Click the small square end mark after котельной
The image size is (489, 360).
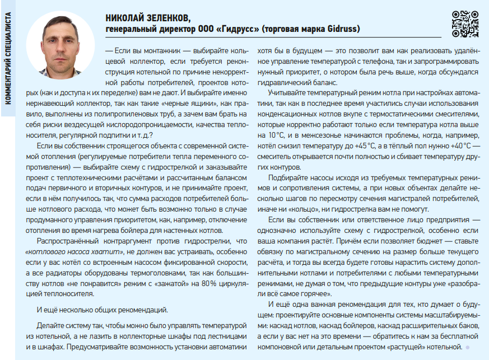(x=467, y=347)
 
